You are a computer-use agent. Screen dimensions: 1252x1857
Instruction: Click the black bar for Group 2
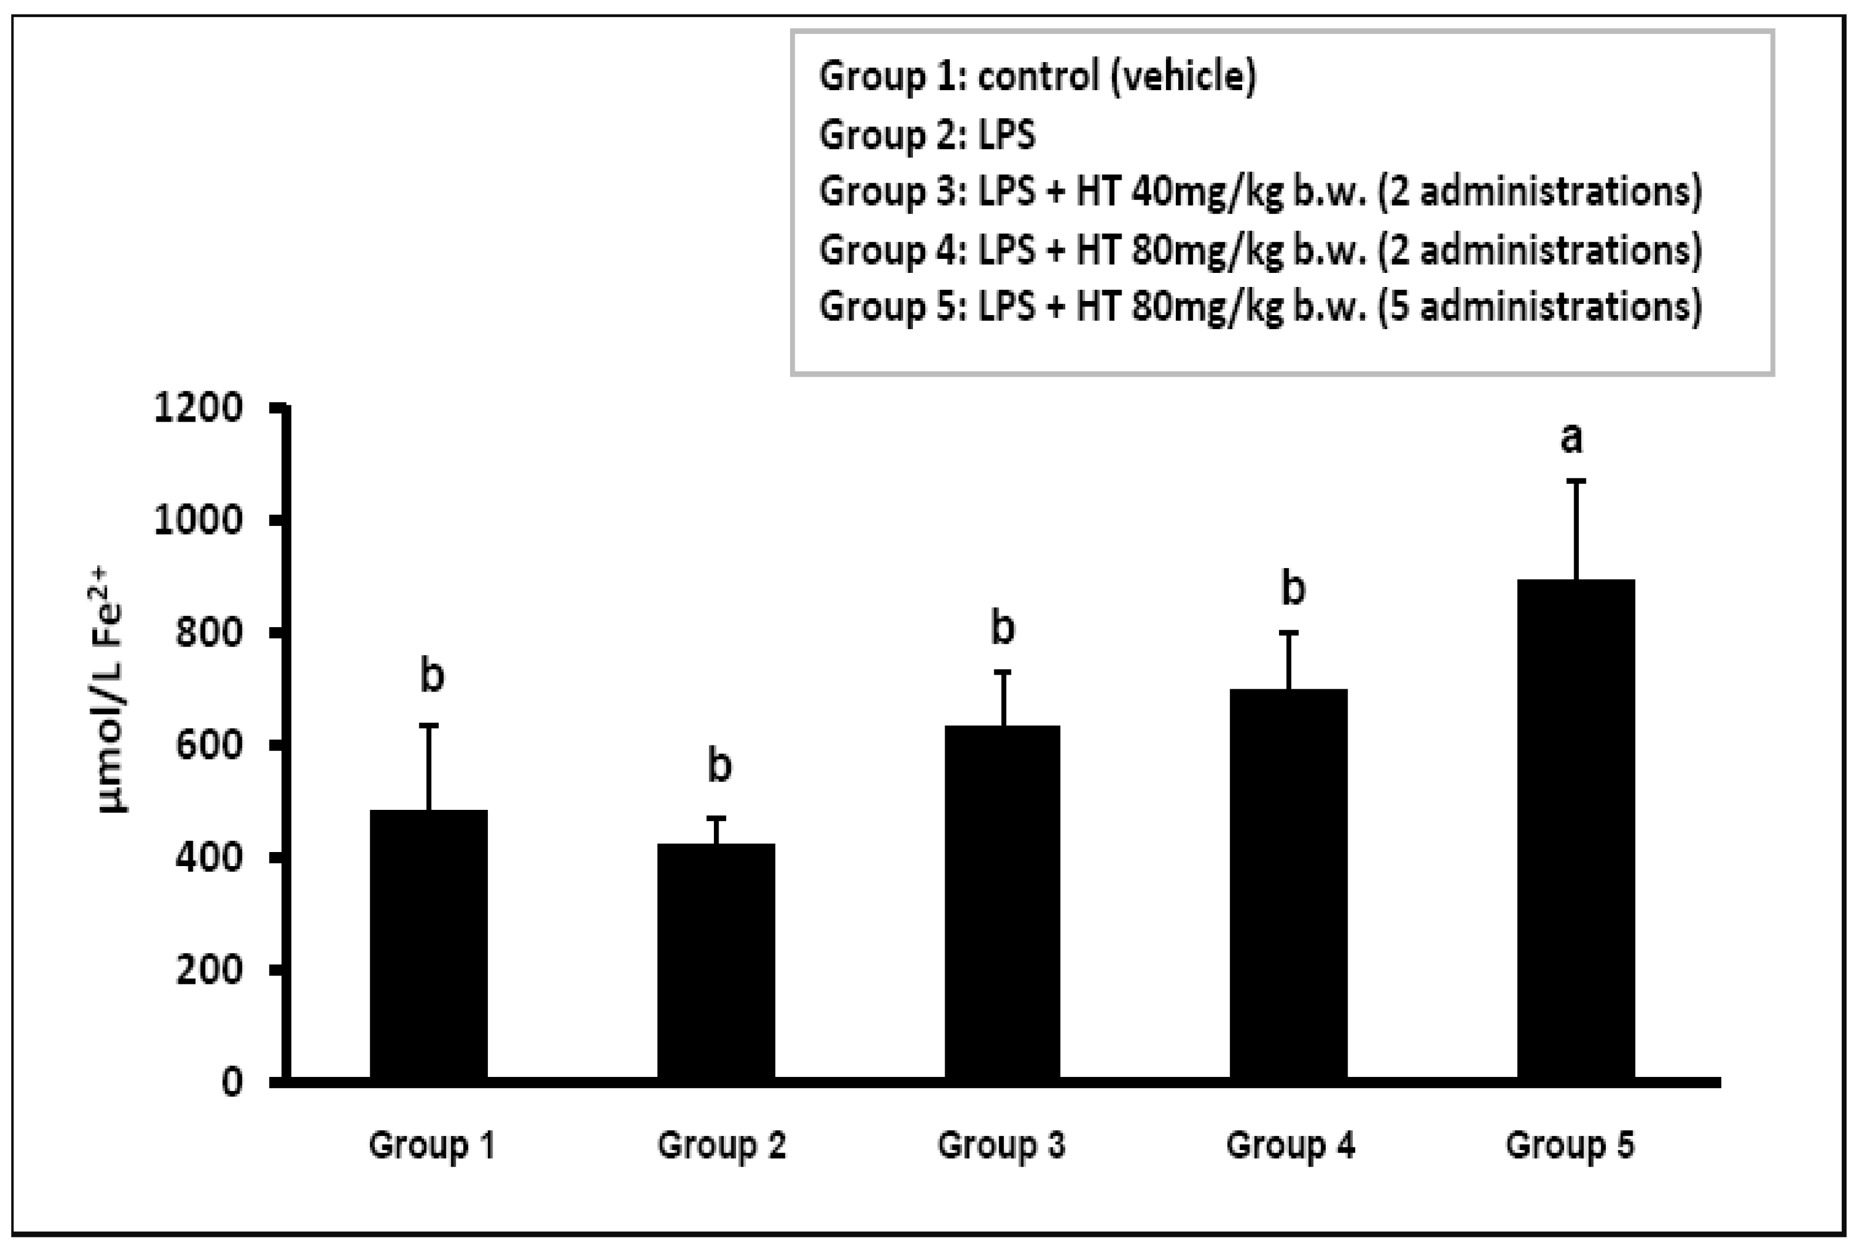pyautogui.click(x=716, y=962)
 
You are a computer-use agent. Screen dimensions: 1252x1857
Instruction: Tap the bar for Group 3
pyautogui.click(x=1003, y=902)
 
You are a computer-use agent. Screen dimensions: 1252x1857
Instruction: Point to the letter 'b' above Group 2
pyautogui.click(x=719, y=765)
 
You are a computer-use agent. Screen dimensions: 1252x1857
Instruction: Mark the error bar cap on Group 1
pyautogui.click(x=429, y=725)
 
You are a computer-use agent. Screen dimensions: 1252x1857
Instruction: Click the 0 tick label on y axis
pyautogui.click(x=231, y=1083)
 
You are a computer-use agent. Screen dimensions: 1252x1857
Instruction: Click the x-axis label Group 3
pyautogui.click(x=1001, y=1145)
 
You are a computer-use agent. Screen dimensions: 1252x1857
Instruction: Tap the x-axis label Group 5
pyautogui.click(x=1569, y=1145)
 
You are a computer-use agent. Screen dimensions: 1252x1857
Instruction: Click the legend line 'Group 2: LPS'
pyautogui.click(x=927, y=134)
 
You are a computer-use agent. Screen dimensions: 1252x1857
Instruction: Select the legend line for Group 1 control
pyautogui.click(x=1037, y=77)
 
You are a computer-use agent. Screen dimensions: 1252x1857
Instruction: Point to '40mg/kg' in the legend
pyautogui.click(x=1207, y=191)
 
